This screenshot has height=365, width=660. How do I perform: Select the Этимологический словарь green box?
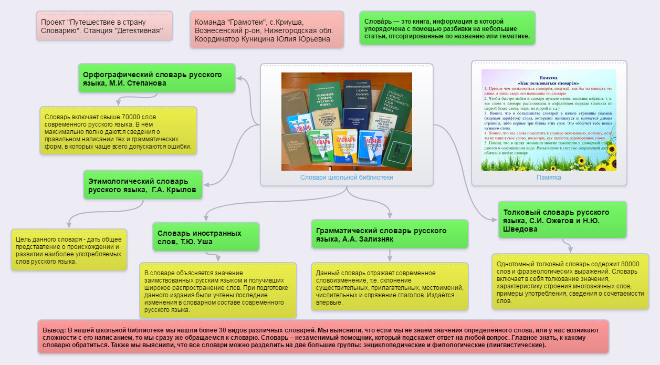[x=142, y=185]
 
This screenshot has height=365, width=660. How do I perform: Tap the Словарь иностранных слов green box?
[x=206, y=237]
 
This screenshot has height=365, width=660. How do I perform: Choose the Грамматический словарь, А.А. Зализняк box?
[x=389, y=234]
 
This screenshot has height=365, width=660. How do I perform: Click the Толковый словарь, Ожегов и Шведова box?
[x=562, y=220]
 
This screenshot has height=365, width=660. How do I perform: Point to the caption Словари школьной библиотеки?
[x=347, y=178]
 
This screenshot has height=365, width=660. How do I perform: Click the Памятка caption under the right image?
[x=549, y=178]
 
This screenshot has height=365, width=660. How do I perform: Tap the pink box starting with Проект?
[x=104, y=26]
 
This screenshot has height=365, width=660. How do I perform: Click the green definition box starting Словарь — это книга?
[x=447, y=28]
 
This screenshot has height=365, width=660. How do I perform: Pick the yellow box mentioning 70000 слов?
[x=118, y=131]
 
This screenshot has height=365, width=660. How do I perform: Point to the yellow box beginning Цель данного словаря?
[x=69, y=250]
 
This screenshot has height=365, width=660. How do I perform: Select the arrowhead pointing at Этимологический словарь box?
[x=206, y=184]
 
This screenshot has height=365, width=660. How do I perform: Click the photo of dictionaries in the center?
[x=347, y=121]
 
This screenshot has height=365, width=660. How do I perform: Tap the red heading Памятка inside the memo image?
[x=549, y=77]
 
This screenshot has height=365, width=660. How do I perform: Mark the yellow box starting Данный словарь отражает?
[x=389, y=287]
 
